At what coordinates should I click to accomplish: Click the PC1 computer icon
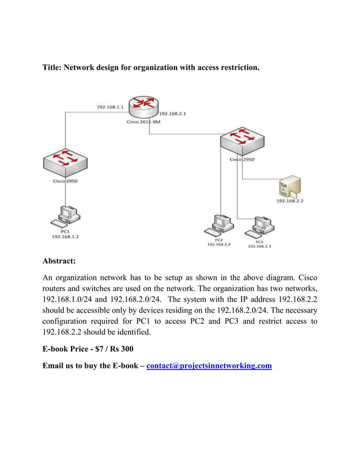pos(65,216)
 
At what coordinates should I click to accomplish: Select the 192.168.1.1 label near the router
pos(110,107)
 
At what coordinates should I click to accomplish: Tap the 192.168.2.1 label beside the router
pos(173,113)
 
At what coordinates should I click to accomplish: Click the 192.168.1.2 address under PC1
pos(65,237)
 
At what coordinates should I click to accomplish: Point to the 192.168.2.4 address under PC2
pos(218,244)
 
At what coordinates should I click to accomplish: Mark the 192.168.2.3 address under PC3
pos(260,247)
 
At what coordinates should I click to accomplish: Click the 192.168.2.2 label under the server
pos(289,200)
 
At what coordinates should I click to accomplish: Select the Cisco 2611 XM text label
pos(143,121)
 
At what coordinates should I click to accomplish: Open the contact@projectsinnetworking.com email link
pos(209,366)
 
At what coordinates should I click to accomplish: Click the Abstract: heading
pos(59,261)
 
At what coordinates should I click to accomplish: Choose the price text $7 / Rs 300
pos(110,349)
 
